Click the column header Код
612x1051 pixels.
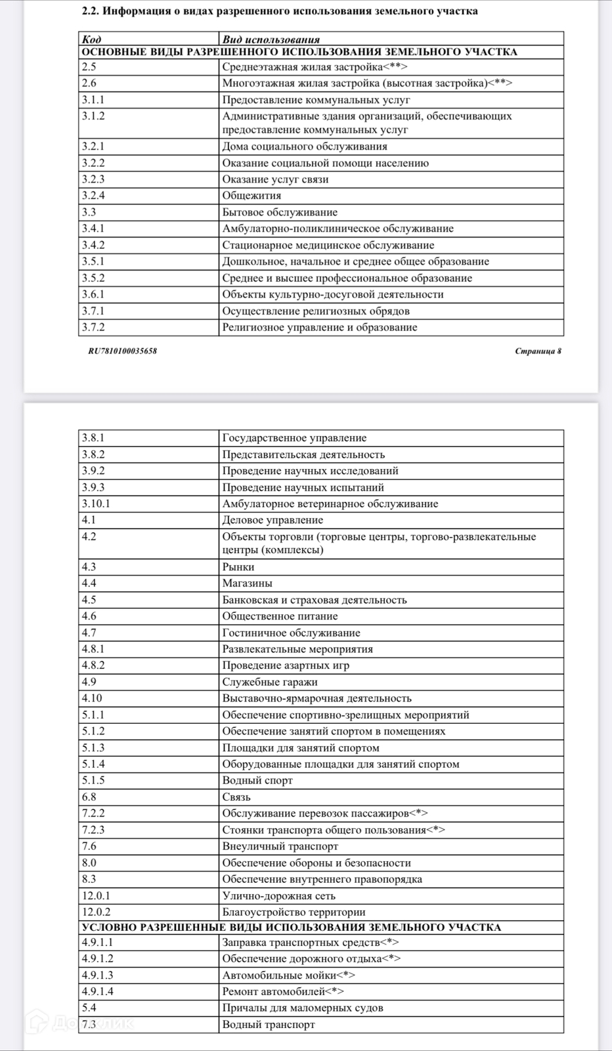click(91, 39)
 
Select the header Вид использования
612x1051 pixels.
click(271, 39)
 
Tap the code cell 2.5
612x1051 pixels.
click(89, 66)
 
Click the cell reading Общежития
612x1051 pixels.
click(251, 196)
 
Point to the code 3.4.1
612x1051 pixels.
click(93, 229)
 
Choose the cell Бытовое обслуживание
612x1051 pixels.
click(280, 212)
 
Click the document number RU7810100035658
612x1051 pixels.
click(123, 351)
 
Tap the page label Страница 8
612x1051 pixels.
click(538, 351)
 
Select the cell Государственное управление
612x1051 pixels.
click(294, 438)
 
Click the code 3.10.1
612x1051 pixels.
click(96, 504)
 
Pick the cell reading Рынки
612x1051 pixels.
click(238, 567)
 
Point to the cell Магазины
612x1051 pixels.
click(247, 583)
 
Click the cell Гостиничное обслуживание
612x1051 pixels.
click(291, 633)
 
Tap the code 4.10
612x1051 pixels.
click(92, 698)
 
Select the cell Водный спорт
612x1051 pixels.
click(257, 780)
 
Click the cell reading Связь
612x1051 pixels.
click(236, 797)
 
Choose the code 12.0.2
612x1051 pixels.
click(96, 912)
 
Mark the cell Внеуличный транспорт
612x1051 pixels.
click(280, 846)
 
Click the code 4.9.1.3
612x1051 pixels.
click(97, 975)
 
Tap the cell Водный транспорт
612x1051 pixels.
click(269, 1024)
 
